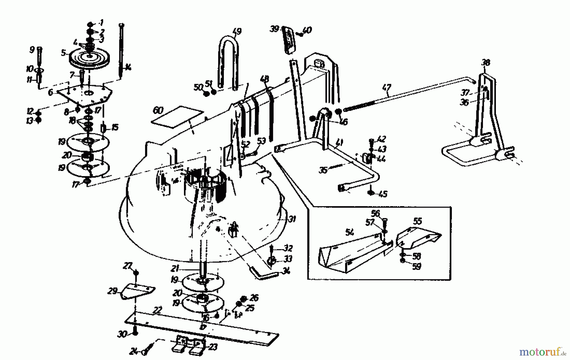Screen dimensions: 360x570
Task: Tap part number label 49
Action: pyautogui.click(x=237, y=31)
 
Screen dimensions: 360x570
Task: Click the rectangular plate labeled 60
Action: pyautogui.click(x=177, y=117)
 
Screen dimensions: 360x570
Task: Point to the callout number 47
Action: pyautogui.click(x=387, y=87)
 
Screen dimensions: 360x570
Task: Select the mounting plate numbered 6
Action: pyautogui.click(x=84, y=95)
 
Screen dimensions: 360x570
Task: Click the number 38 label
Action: pyautogui.click(x=485, y=62)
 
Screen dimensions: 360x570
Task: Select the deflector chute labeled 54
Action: pyautogui.click(x=348, y=253)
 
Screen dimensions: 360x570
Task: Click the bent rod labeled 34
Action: pyautogui.click(x=264, y=273)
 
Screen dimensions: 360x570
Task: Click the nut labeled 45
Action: pyautogui.click(x=371, y=193)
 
